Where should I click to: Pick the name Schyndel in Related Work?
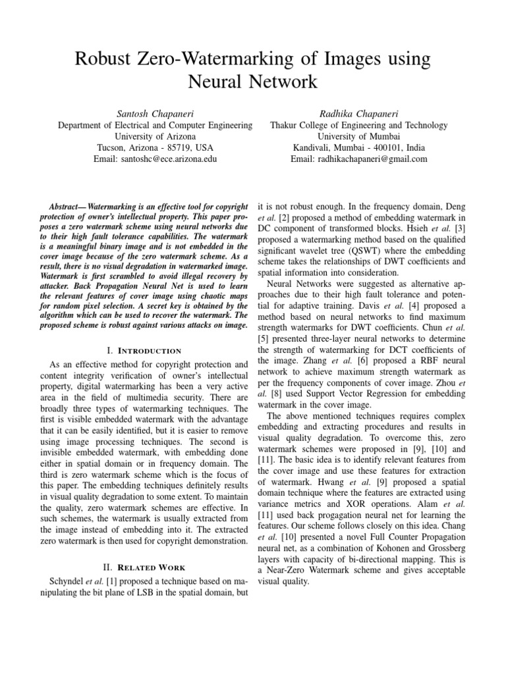61,583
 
